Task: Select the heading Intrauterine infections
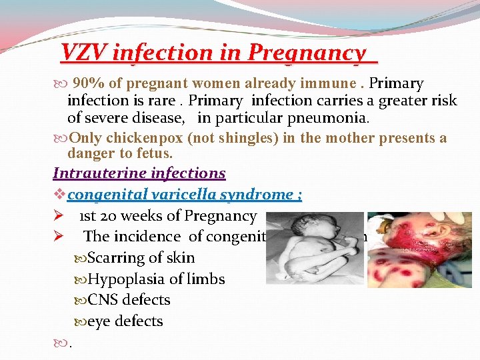coord(139,173)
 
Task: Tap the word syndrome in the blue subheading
coord(261,195)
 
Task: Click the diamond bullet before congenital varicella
coord(58,195)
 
